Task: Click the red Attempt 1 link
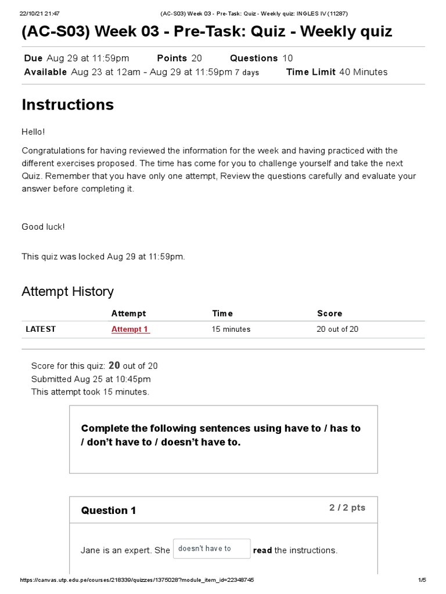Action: tap(130, 329)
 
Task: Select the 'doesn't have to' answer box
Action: tap(211, 549)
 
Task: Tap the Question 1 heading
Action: tap(109, 510)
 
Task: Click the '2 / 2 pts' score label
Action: tap(347, 508)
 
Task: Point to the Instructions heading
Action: tap(67, 105)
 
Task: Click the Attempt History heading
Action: tap(67, 291)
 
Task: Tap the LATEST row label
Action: tap(41, 329)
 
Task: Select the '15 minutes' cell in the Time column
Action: tap(231, 329)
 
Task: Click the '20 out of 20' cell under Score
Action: tap(337, 329)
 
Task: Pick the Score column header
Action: tap(329, 313)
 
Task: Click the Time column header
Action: tap(222, 313)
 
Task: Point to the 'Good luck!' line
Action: tap(44, 227)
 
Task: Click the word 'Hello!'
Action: tap(33, 132)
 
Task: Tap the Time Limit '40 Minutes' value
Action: tap(363, 72)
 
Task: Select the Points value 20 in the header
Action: tap(196, 58)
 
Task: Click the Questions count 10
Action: tap(288, 58)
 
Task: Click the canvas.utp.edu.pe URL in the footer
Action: tap(136, 580)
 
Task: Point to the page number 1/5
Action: tap(422, 580)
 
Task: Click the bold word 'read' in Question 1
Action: tap(262, 550)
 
